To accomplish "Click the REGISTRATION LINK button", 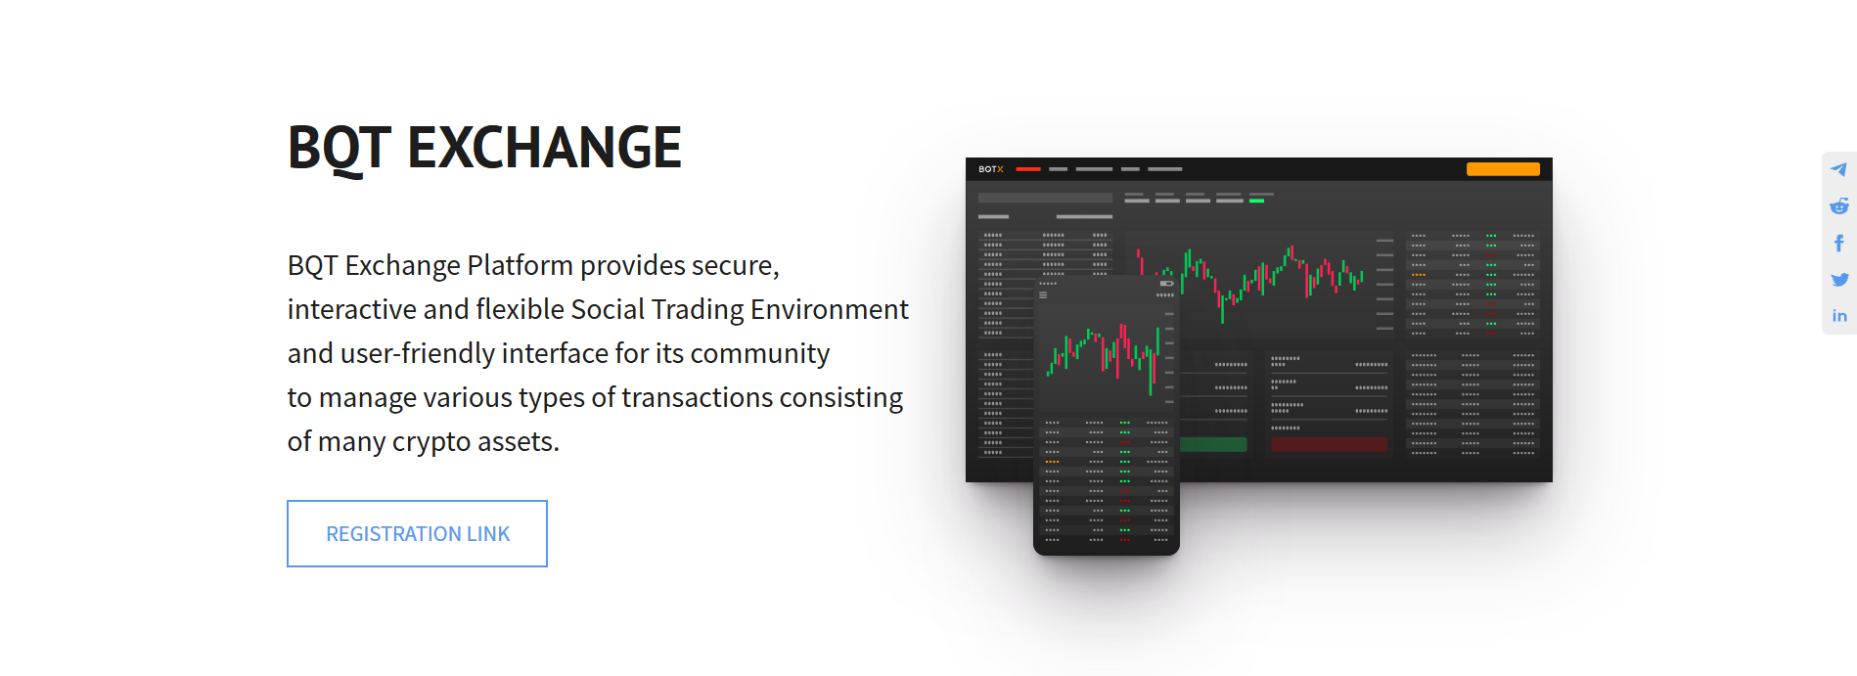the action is (417, 533).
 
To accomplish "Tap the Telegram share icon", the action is (1839, 169).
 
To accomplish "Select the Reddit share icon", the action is (1839, 205).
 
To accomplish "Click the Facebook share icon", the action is (1839, 243).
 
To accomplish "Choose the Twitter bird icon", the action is (1839, 280).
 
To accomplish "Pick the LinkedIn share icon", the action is (1839, 316).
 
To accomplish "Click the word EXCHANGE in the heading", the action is (544, 148).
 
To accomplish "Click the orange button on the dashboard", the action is (1503, 169).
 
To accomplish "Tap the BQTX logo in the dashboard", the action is (991, 169).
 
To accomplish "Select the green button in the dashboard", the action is (1213, 444).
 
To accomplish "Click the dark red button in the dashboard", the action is (1329, 444).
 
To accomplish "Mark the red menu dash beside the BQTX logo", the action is (1028, 169).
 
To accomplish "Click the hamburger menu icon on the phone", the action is (1043, 294).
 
